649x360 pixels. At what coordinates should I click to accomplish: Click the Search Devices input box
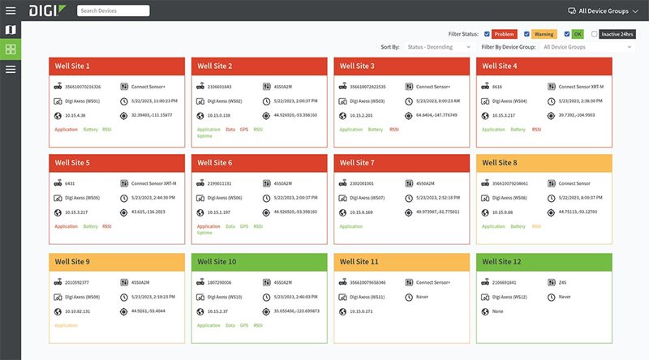pos(113,11)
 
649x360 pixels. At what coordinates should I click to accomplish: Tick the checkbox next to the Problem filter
pos(487,34)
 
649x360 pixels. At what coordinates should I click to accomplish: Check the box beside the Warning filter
pos(527,34)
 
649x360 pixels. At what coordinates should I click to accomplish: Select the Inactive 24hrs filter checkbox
pos(595,34)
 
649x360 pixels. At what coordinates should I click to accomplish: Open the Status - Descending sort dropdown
pos(438,47)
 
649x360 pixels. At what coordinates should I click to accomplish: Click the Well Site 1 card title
pos(72,66)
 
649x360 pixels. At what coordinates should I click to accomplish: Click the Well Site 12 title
pos(502,262)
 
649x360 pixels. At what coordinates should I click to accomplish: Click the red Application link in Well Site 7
pos(351,226)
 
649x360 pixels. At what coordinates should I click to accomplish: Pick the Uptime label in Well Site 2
pos(204,135)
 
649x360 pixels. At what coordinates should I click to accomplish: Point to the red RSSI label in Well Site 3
pos(394,129)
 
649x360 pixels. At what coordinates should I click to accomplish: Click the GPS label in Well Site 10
pos(244,325)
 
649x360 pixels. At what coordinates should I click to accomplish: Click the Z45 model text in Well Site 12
pos(562,283)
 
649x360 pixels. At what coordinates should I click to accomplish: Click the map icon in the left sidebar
pos(11,30)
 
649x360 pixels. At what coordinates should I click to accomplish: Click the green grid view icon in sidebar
pos(11,49)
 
